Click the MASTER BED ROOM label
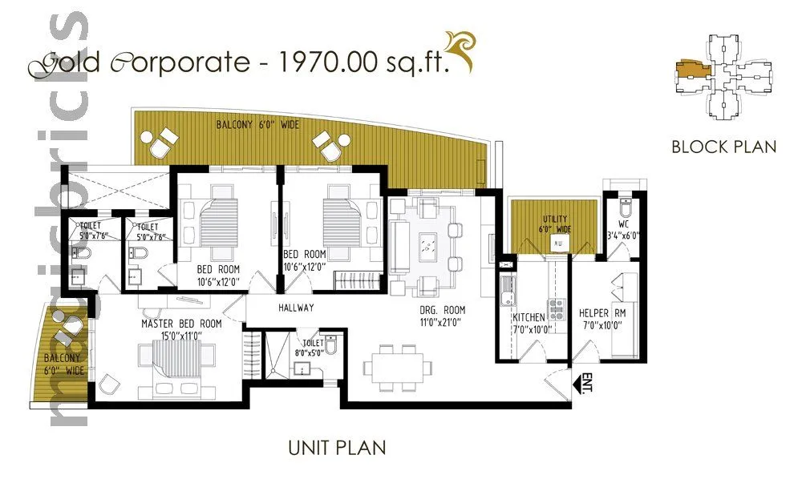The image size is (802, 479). (181, 324)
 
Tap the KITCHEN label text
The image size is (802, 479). (529, 318)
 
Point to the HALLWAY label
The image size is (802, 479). (296, 308)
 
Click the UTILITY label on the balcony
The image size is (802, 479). (553, 219)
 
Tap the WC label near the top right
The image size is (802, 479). (623, 223)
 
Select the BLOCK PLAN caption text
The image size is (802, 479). (723, 147)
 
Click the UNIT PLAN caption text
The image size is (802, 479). (337, 448)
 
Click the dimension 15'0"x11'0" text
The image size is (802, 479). (181, 336)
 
